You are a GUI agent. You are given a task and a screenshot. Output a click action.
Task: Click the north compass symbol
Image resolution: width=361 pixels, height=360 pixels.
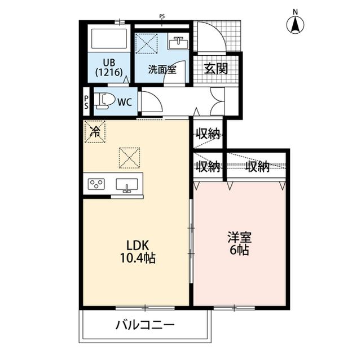[x=294, y=24]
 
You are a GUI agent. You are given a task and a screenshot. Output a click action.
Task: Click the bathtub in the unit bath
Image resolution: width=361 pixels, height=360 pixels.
[x=111, y=39]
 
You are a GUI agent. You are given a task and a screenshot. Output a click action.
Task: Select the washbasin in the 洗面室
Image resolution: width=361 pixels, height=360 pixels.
[x=179, y=43]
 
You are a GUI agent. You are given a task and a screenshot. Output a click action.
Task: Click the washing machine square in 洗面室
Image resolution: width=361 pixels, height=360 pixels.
[x=147, y=43]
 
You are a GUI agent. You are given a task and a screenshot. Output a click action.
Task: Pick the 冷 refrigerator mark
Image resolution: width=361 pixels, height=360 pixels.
[x=95, y=132]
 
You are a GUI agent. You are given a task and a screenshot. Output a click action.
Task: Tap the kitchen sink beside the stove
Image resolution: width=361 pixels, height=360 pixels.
[x=128, y=184]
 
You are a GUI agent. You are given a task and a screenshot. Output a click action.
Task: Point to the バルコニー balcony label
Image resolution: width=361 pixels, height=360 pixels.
[x=146, y=325]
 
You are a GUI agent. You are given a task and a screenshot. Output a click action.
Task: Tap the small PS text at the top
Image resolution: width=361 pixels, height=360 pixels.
[x=162, y=16]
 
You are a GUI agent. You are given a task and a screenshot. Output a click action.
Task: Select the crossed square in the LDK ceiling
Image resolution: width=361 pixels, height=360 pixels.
[x=129, y=157]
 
